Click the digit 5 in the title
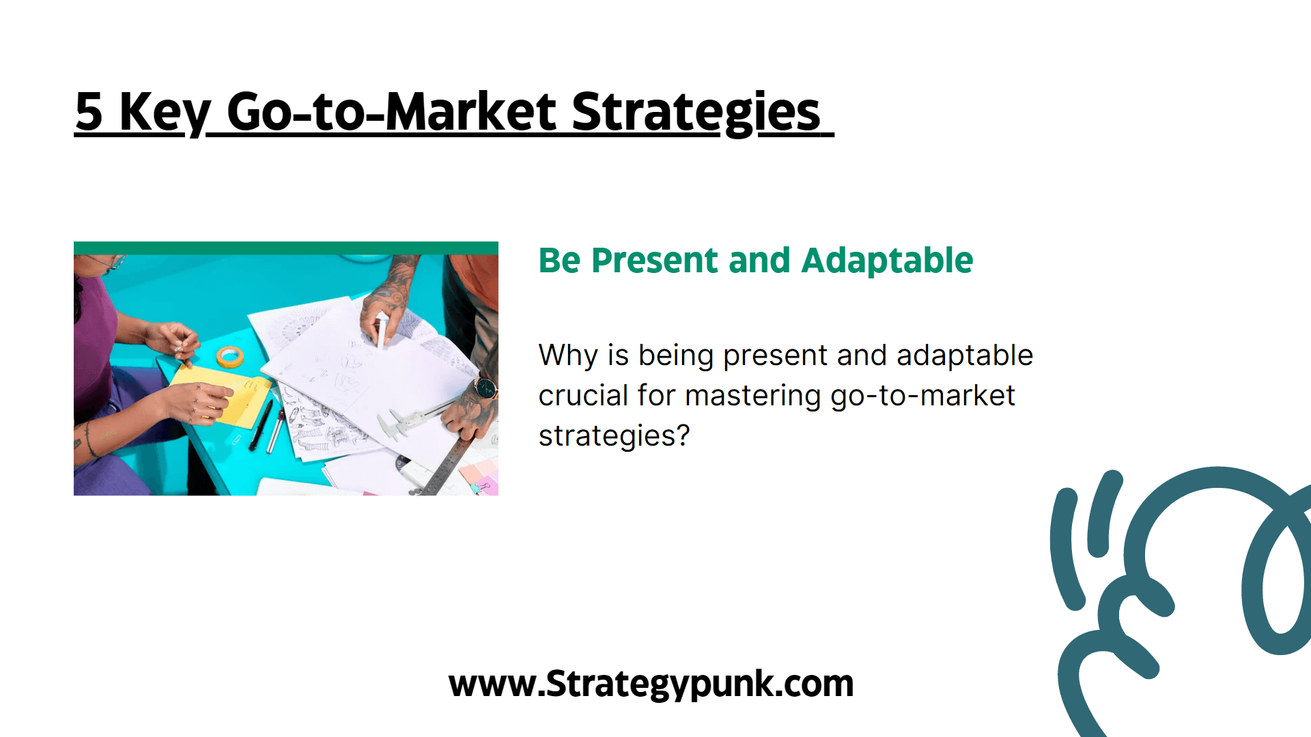[x=89, y=111]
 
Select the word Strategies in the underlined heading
[x=696, y=113]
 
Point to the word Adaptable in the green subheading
[x=887, y=260]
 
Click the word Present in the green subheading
[x=654, y=261]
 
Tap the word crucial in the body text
[x=583, y=395]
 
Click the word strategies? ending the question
[x=614, y=436]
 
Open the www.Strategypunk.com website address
[x=651, y=684]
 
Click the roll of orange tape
[x=230, y=356]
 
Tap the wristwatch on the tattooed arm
[x=485, y=388]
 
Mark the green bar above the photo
[x=286, y=248]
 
